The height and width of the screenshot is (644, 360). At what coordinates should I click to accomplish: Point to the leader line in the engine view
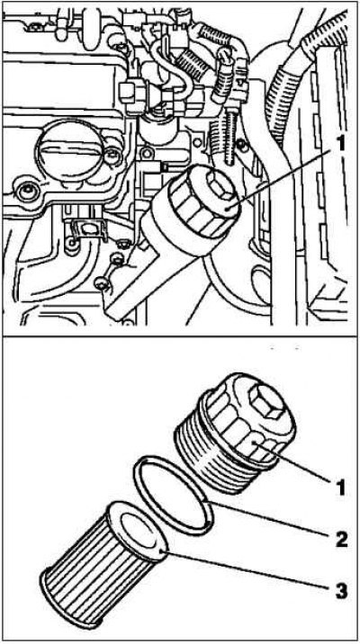(282, 179)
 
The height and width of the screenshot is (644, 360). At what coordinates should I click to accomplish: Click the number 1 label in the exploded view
(339, 488)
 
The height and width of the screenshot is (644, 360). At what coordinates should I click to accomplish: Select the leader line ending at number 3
(246, 569)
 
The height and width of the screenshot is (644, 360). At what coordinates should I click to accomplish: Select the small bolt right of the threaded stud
(241, 144)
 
